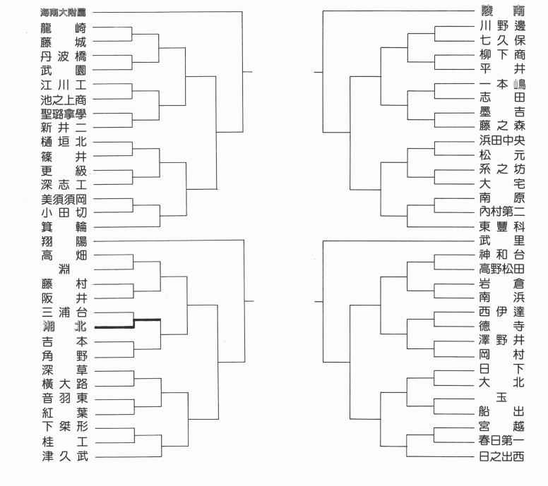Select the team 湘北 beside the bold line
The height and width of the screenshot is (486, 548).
(x=64, y=327)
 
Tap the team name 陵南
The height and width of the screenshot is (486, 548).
(x=501, y=12)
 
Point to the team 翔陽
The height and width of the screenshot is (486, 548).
(x=64, y=241)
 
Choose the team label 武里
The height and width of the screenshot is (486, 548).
(x=501, y=241)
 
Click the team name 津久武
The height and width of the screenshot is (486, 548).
(x=64, y=457)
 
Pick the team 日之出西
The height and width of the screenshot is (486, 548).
(x=501, y=457)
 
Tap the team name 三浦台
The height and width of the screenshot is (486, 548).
(x=64, y=312)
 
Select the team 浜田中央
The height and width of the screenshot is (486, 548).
(x=501, y=140)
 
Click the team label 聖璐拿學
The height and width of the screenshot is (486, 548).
(x=64, y=113)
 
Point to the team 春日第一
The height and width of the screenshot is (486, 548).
(x=501, y=442)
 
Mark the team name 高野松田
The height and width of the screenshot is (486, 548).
(x=501, y=269)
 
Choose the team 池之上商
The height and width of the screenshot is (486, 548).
(x=64, y=99)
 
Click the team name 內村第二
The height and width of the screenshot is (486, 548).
(x=501, y=212)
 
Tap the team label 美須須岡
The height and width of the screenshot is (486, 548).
(x=64, y=198)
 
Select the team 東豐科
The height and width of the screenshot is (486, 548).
(x=501, y=226)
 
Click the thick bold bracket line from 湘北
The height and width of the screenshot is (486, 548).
(x=134, y=324)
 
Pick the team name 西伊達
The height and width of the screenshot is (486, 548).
(x=501, y=312)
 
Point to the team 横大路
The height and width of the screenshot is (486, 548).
(x=64, y=384)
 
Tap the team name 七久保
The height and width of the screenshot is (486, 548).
(x=501, y=41)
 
